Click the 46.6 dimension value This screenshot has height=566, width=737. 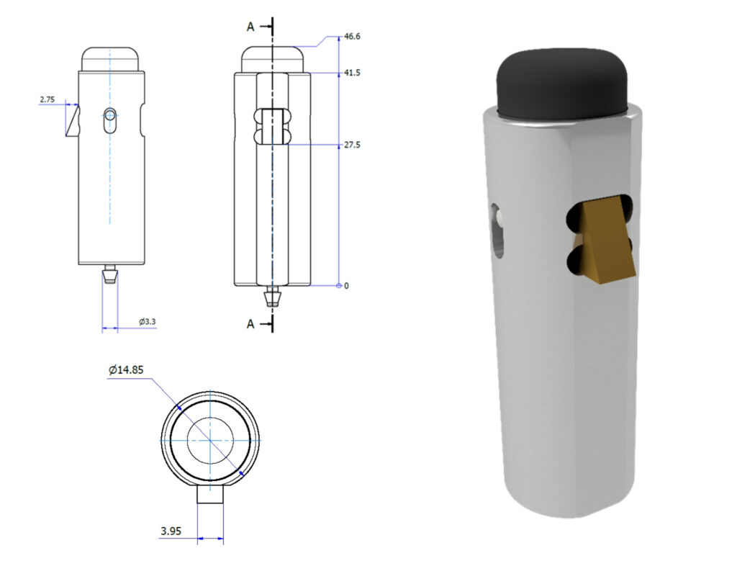(x=352, y=36)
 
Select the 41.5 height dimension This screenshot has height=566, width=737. (x=352, y=73)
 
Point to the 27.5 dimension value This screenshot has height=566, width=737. (x=352, y=145)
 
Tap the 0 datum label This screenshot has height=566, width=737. (x=346, y=286)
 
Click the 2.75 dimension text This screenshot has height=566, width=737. (x=47, y=99)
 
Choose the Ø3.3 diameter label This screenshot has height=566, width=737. (x=147, y=322)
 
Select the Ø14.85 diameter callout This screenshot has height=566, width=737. (x=126, y=370)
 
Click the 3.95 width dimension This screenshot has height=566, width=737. (x=171, y=531)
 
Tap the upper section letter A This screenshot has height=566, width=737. (x=250, y=27)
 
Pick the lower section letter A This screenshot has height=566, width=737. (x=250, y=324)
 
